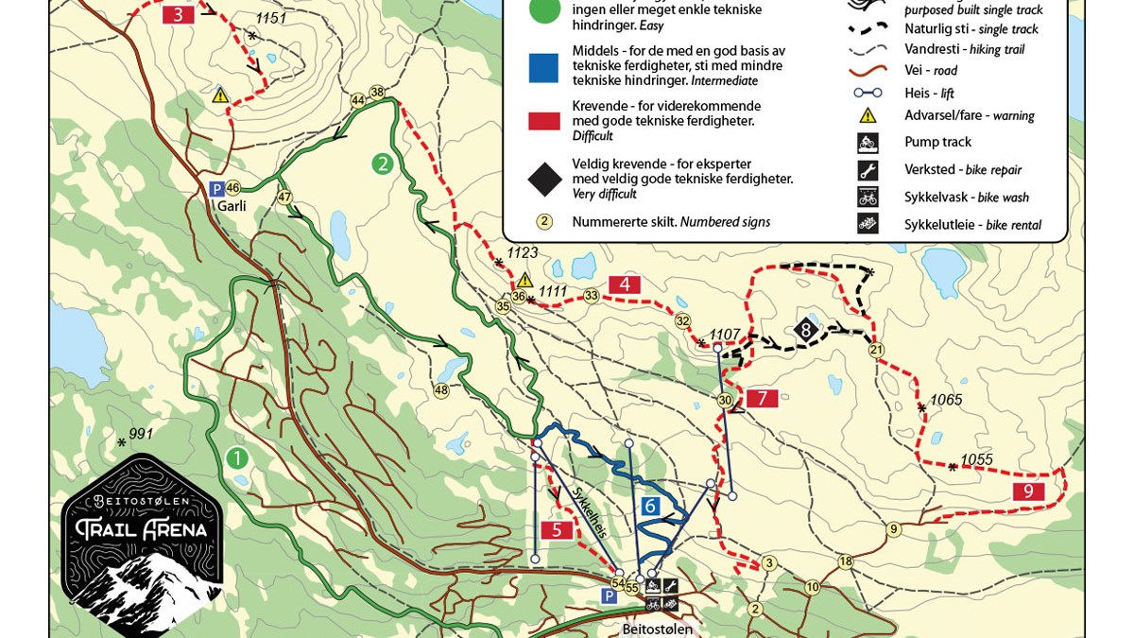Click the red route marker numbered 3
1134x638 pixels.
(179, 14)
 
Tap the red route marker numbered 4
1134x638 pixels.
(625, 284)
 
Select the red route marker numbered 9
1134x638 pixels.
(1028, 491)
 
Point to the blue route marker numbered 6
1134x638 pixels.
(650, 507)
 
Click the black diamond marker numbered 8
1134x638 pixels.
(805, 330)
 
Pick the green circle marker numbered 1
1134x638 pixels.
(236, 458)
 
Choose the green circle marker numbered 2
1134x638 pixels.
(382, 164)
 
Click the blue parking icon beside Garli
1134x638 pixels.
(216, 188)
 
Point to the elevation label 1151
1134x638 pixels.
(270, 19)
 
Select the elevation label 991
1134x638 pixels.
(141, 434)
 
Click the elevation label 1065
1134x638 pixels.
(946, 400)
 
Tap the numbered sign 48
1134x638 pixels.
(441, 390)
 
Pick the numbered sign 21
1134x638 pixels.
(876, 351)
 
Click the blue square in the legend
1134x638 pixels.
(543, 67)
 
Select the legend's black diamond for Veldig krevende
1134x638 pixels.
(544, 178)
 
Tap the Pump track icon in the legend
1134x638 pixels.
(868, 143)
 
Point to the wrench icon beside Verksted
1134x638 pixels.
(868, 170)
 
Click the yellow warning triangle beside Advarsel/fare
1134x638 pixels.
(868, 115)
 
